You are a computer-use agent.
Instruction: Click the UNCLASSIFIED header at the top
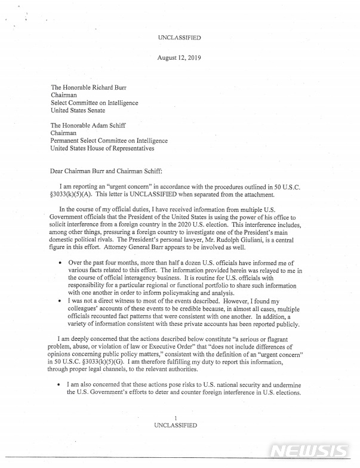tap(179, 38)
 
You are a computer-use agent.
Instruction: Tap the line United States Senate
tap(78, 110)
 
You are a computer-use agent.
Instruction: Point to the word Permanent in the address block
tap(66, 141)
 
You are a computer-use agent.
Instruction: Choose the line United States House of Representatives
tap(102, 149)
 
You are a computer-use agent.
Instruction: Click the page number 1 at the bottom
tap(175, 418)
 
